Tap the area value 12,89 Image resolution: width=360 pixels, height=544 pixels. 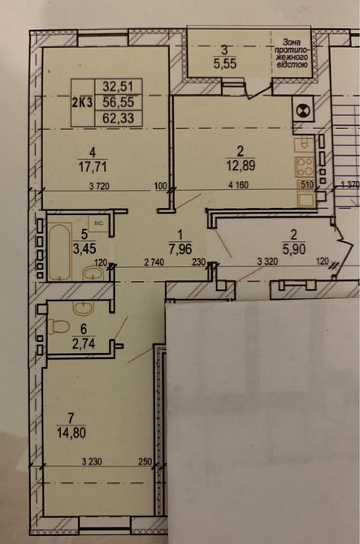tap(241, 167)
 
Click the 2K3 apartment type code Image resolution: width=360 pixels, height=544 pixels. tap(81, 102)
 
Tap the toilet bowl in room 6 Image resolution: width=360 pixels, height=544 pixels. tap(58, 327)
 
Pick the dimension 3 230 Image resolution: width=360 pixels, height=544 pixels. tap(96, 464)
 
